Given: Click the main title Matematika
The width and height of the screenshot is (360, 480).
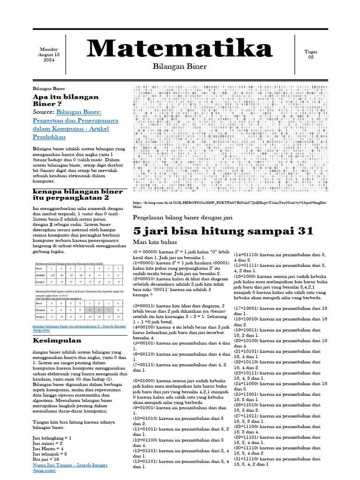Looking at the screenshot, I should click(180, 49).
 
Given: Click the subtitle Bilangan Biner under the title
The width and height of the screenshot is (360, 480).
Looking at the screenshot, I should click(180, 67).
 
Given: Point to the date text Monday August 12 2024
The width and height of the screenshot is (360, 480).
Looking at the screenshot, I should click(49, 55).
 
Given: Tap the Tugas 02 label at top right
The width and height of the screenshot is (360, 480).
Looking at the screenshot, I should click(310, 54).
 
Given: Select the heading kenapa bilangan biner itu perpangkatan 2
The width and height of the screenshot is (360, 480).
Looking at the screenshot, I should click(77, 195).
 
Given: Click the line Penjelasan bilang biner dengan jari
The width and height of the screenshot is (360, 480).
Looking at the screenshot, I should click(183, 218).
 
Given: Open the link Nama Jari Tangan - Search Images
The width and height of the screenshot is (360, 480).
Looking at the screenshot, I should click(70, 465).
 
